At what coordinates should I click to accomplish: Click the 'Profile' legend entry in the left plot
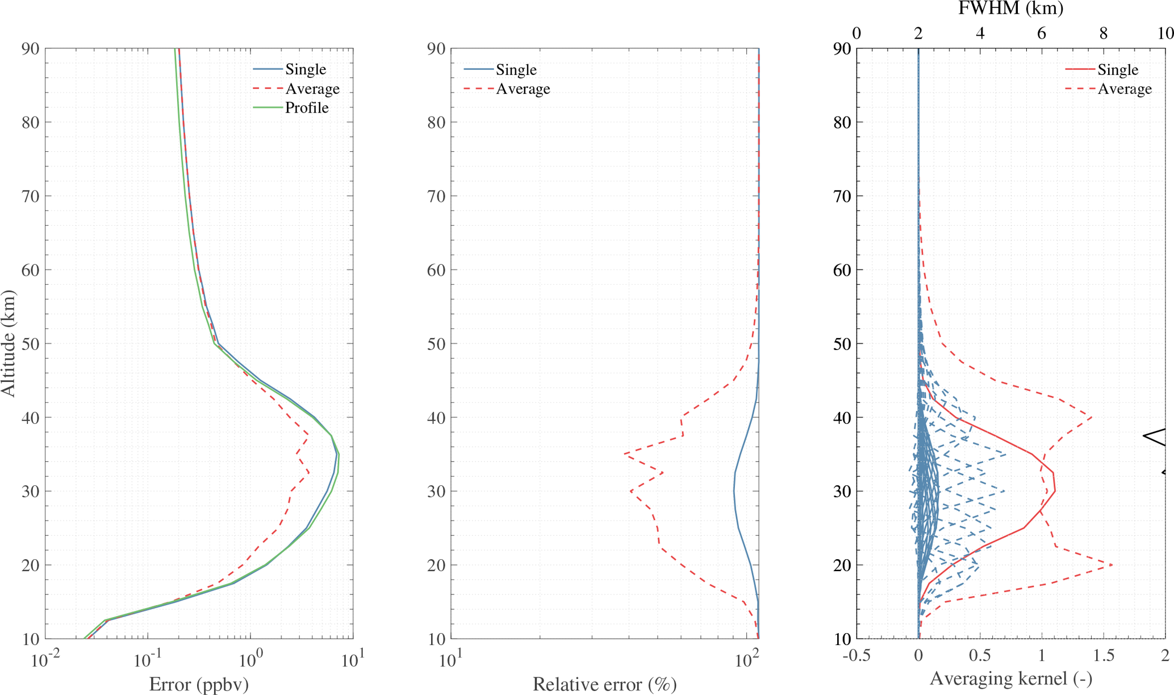coord(306,108)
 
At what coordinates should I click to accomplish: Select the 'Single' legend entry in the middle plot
coord(516,70)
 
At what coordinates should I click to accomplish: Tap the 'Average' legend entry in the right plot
coord(1124,89)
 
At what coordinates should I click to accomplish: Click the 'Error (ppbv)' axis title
coord(199,684)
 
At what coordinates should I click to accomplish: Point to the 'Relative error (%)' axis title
coord(604,684)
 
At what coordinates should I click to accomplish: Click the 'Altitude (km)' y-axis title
coord(9,343)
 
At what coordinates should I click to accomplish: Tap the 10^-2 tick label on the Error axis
coord(45,660)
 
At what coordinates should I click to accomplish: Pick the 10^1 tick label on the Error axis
coord(353,660)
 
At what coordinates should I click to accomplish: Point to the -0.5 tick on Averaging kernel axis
coord(857,656)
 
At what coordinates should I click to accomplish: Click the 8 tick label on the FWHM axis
coord(1103,34)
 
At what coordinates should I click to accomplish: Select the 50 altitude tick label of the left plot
coord(30,344)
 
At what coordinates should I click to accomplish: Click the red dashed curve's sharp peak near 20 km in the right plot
coord(1112,565)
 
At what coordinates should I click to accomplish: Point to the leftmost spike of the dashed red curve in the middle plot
coord(624,453)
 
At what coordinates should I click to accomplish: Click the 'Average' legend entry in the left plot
coord(312,89)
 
